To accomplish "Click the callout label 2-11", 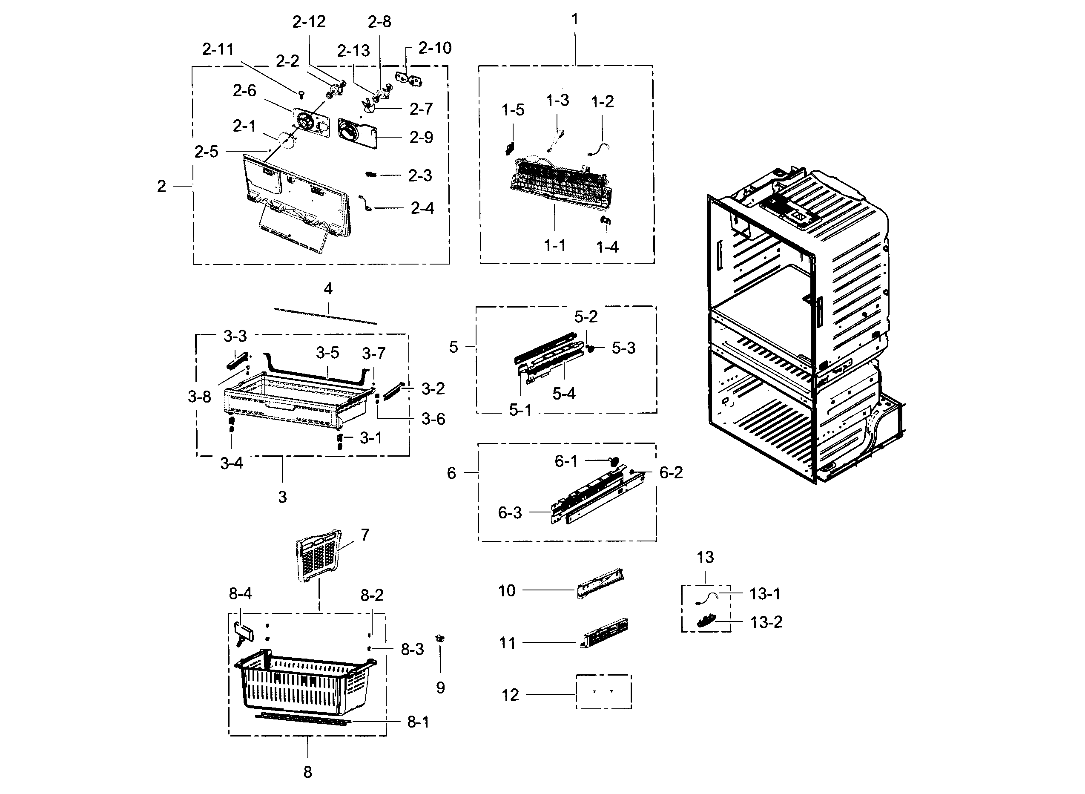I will [218, 49].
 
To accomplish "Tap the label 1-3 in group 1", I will [557, 101].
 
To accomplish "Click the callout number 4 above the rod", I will [328, 289].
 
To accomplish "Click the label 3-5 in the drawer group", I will [327, 353].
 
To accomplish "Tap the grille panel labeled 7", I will [319, 555].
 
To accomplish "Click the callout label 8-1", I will [418, 722].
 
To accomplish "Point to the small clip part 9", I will [439, 639].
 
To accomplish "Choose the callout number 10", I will [506, 591].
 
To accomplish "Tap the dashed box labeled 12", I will [603, 692].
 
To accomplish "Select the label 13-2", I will [766, 622].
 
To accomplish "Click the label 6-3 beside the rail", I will [509, 513].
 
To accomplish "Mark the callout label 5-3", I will [623, 348].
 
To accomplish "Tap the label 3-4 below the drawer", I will [231, 463].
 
